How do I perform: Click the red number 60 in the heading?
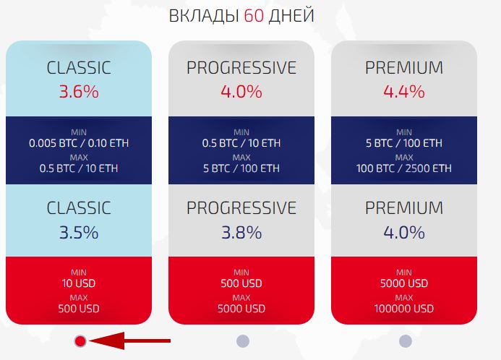pyautogui.click(x=254, y=16)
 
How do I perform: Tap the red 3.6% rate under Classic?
pyautogui.click(x=79, y=92)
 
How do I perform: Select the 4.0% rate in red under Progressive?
pyautogui.click(x=241, y=92)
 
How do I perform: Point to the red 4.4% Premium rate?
pyautogui.click(x=404, y=92)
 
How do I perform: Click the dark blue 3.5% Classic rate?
pyautogui.click(x=79, y=232)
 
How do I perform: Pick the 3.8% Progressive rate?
pyautogui.click(x=241, y=232)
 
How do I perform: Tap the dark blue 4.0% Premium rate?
pyautogui.click(x=404, y=232)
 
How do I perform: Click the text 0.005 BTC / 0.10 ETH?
pyautogui.click(x=79, y=143)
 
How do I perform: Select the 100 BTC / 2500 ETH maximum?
pyautogui.click(x=404, y=168)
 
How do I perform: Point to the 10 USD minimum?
pyautogui.click(x=79, y=283)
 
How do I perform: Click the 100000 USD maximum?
pyautogui.click(x=404, y=309)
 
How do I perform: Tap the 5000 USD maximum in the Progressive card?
pyautogui.click(x=241, y=309)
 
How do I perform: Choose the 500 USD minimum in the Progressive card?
pyautogui.click(x=241, y=283)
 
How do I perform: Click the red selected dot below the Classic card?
pyautogui.click(x=80, y=341)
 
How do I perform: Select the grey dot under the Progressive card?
pyautogui.click(x=243, y=341)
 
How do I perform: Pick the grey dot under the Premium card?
pyautogui.click(x=406, y=341)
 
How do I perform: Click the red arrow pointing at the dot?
pyautogui.click(x=129, y=340)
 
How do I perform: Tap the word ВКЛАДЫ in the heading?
pyautogui.click(x=204, y=16)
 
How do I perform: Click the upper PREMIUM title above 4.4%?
pyautogui.click(x=404, y=68)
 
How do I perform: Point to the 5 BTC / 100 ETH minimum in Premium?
pyautogui.click(x=404, y=143)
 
